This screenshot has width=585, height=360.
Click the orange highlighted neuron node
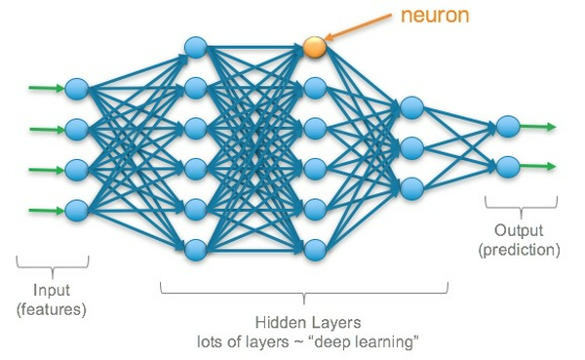(313, 46)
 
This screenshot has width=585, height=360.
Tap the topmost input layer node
(77, 92)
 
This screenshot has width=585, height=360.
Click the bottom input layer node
(77, 208)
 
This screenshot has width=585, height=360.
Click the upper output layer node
(506, 127)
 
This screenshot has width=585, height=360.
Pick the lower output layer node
(506, 167)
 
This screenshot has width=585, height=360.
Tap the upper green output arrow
(538, 127)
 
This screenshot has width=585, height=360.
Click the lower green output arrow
(538, 167)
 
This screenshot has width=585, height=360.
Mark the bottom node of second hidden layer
(313, 248)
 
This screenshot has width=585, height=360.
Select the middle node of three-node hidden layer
(410, 146)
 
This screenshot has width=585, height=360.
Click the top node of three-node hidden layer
(410, 106)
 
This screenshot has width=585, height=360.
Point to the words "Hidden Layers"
(303, 323)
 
